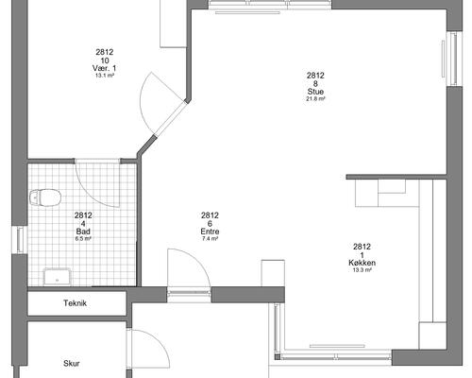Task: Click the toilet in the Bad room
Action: (45, 198)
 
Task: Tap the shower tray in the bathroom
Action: (58, 277)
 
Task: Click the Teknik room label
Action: (75, 303)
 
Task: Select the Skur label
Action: (72, 363)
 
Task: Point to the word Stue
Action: (315, 92)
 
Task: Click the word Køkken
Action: (362, 263)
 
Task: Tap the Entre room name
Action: (210, 232)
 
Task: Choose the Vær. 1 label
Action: (104, 68)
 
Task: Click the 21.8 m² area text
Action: (315, 98)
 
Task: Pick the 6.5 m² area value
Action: (83, 238)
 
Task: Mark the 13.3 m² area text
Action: (362, 269)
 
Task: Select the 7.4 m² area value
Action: (210, 238)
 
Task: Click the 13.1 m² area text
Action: (105, 76)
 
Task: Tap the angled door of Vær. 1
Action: (169, 118)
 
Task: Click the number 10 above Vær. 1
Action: (105, 60)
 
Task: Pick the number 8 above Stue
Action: (315, 83)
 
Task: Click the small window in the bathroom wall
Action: (20, 240)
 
